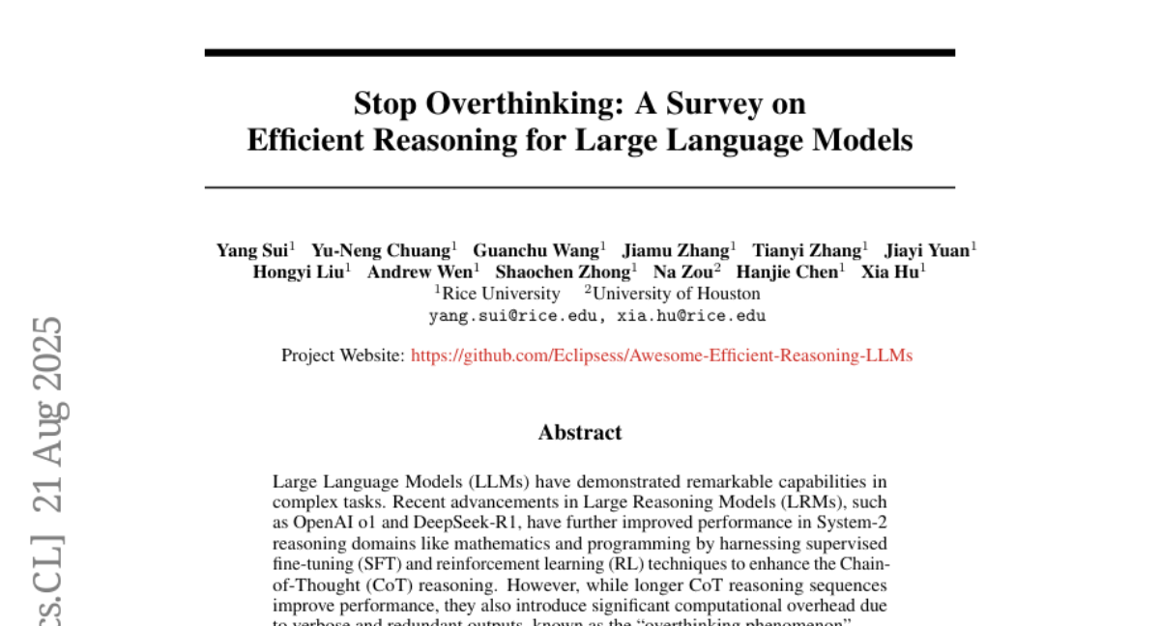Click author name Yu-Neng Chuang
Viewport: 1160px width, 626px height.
coord(381,250)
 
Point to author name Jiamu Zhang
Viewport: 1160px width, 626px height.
coord(676,250)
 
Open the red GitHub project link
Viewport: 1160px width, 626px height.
coord(661,356)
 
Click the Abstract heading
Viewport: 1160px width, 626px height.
coord(580,432)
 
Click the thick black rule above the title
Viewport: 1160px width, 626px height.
coord(580,52)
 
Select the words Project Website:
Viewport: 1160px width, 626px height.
coord(343,356)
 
